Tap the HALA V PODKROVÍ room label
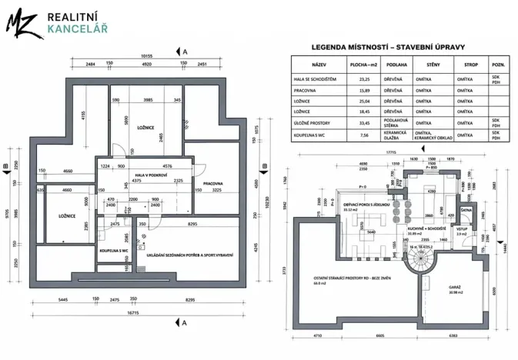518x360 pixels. tap(150, 175)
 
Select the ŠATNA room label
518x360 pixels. tap(466, 209)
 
